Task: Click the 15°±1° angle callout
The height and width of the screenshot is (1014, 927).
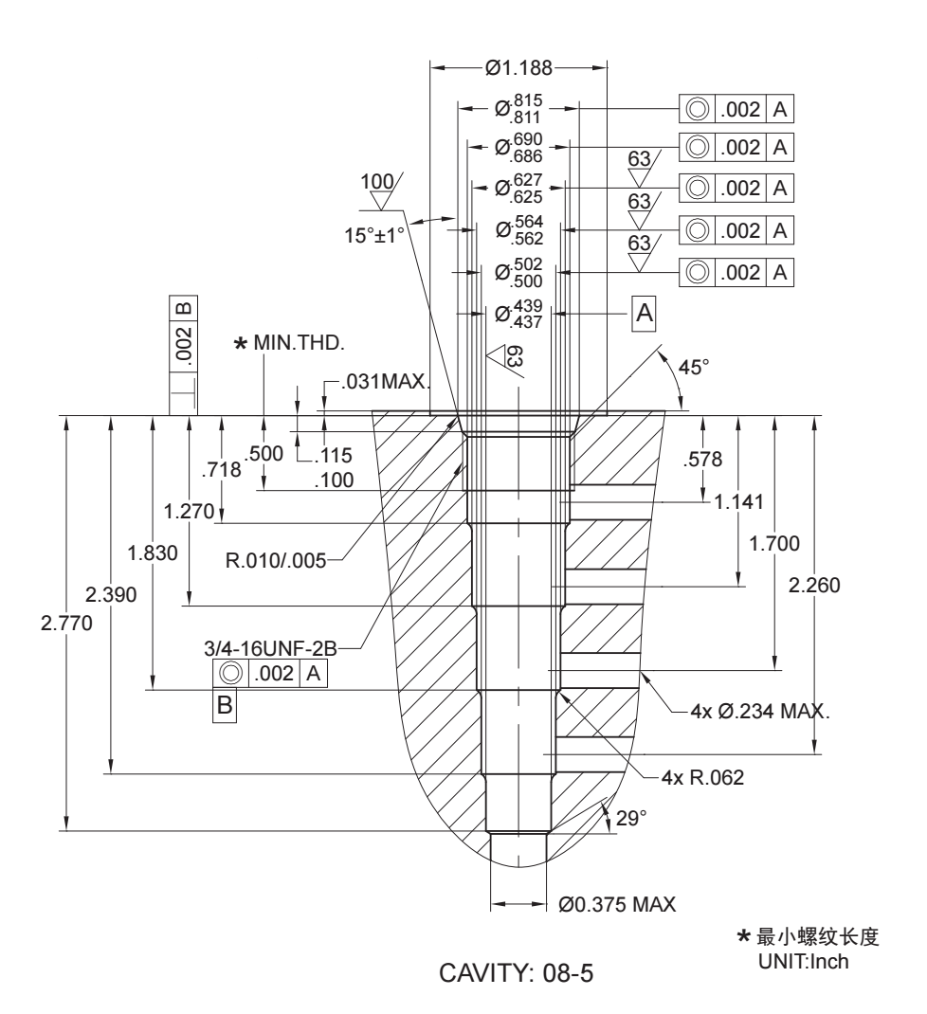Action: tap(380, 230)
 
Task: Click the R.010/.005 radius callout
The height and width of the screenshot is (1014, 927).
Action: tap(276, 560)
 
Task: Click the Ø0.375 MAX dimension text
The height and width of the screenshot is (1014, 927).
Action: tap(617, 904)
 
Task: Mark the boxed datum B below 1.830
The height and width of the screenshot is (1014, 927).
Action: tap(224, 704)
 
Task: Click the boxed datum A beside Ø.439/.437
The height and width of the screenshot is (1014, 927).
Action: tap(645, 312)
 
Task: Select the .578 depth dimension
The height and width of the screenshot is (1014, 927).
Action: tap(703, 461)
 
